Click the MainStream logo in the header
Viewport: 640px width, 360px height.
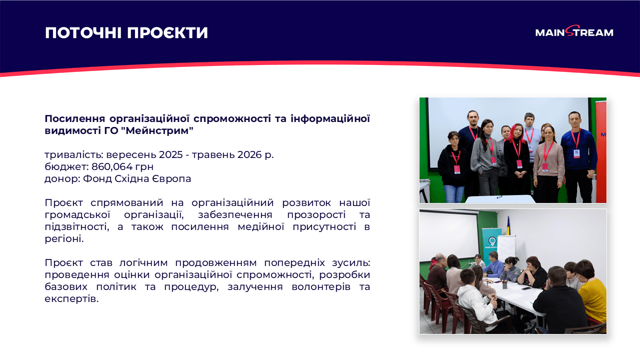coord(574,32)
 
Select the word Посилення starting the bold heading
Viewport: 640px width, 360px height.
coord(75,118)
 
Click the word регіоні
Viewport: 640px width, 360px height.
coord(64,238)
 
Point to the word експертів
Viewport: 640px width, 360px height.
coord(71,299)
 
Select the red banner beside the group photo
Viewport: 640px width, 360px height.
coord(601,150)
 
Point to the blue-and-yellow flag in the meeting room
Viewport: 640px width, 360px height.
coord(508,227)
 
